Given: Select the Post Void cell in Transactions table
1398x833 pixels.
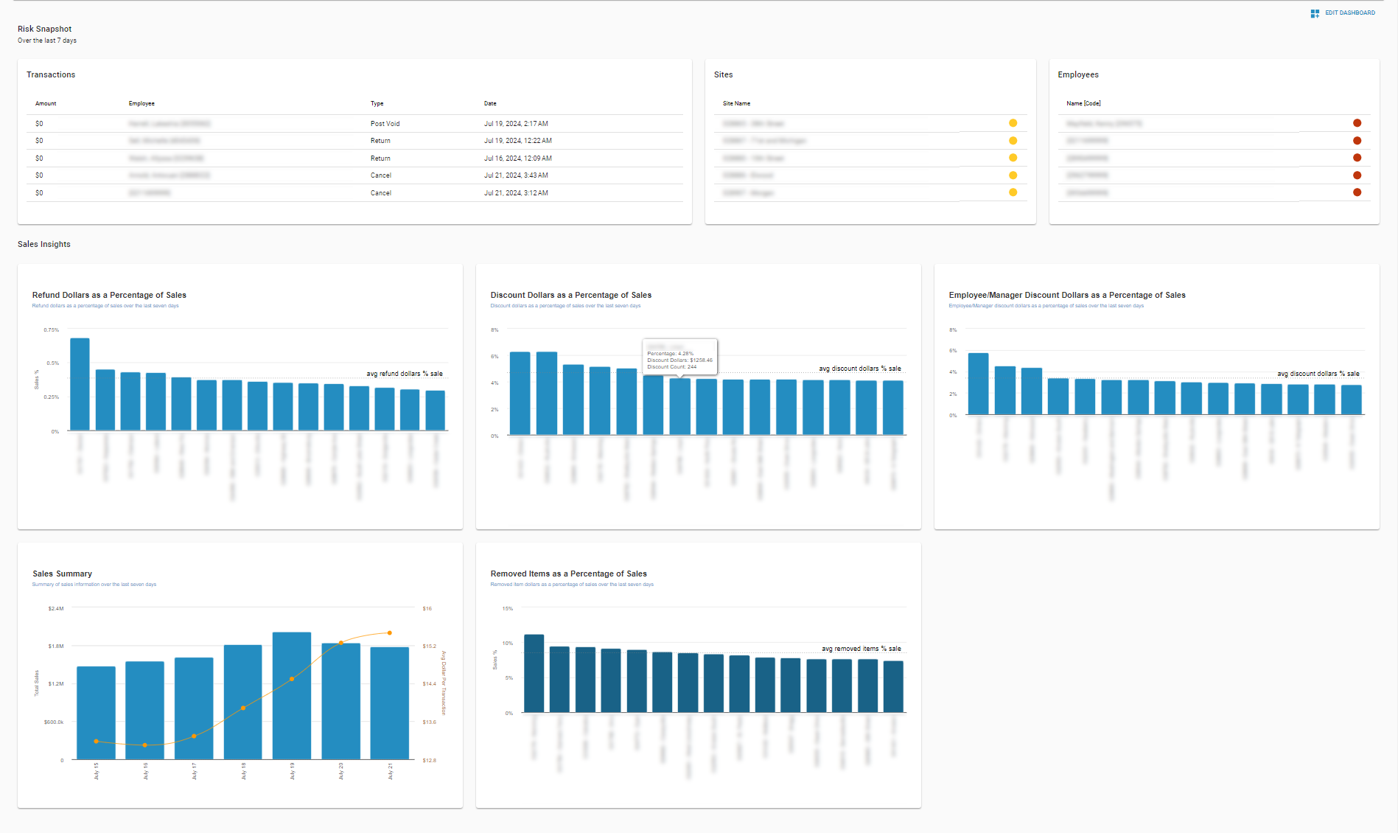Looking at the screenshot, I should tap(385, 124).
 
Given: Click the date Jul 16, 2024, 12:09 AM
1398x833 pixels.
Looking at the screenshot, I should tap(517, 158).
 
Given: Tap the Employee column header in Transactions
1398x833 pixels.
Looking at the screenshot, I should tap(141, 104).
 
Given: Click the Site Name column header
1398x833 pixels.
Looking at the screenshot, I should tap(736, 104).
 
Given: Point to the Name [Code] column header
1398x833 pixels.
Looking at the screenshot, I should tap(1083, 104).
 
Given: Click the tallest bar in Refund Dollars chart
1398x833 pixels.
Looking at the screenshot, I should tap(80, 383).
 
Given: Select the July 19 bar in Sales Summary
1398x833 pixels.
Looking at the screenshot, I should tap(292, 697).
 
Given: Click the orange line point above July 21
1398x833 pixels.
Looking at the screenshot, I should tap(390, 632).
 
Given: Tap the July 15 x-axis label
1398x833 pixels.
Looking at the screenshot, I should tap(97, 770).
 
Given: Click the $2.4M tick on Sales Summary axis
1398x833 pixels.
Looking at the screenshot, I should tap(56, 609).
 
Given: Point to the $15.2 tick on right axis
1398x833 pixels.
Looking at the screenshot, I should tap(429, 646).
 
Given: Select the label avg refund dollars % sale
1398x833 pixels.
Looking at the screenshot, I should tap(405, 374).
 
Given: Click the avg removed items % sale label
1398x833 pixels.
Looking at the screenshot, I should tap(861, 649).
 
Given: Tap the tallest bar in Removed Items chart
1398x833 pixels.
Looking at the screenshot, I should tap(534, 672).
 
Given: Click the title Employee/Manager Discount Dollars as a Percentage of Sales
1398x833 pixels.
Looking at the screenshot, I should tap(1066, 295).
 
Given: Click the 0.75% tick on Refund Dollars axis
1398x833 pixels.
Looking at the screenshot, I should tap(52, 330).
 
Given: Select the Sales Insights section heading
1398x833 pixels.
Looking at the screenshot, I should tap(44, 244).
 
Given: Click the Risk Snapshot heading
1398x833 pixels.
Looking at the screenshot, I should tap(45, 29).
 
